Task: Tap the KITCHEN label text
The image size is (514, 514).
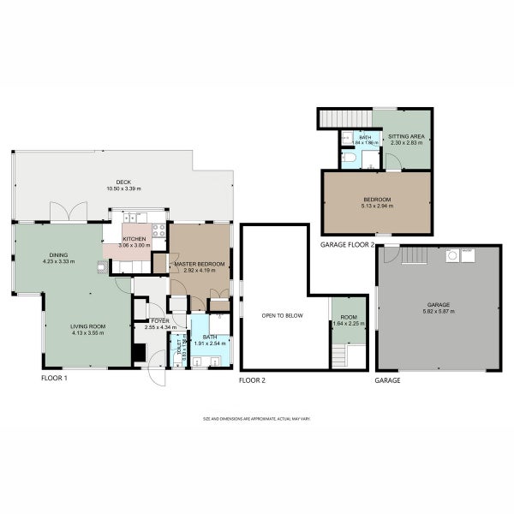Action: (135, 239)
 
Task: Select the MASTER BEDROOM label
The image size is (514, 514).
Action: (200, 264)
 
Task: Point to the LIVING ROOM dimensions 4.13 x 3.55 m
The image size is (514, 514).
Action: (86, 332)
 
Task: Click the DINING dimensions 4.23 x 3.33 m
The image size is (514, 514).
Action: (59, 260)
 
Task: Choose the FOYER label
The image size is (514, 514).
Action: (160, 321)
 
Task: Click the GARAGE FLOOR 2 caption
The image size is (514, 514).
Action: (348, 245)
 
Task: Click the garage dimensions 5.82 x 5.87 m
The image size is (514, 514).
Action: (438, 311)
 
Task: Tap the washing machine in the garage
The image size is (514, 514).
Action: (451, 254)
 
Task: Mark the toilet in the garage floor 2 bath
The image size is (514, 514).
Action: (347, 158)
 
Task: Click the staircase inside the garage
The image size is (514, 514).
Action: (414, 254)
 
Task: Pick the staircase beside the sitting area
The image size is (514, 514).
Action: (344, 117)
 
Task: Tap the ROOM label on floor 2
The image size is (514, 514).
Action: (348, 317)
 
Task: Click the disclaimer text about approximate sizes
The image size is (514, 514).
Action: (256, 419)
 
